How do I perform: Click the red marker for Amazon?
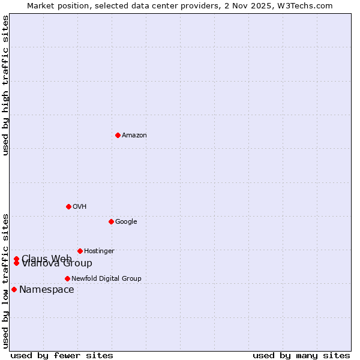click(118, 135)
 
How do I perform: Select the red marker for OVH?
click(68, 206)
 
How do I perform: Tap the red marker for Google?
click(111, 221)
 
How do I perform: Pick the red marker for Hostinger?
click(80, 251)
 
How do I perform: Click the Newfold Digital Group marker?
click(67, 278)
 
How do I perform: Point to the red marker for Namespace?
click(14, 289)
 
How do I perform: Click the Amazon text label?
click(134, 136)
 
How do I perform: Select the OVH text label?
click(80, 207)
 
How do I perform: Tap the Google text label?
click(126, 222)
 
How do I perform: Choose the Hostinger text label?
click(99, 251)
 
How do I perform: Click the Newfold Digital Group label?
click(106, 279)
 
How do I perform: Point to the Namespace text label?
click(47, 290)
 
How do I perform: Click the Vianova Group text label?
click(57, 264)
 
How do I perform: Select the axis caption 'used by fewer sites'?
click(62, 356)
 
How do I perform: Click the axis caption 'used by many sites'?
click(301, 356)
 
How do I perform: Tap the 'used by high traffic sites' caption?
click(5, 86)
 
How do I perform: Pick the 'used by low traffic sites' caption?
click(5, 280)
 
